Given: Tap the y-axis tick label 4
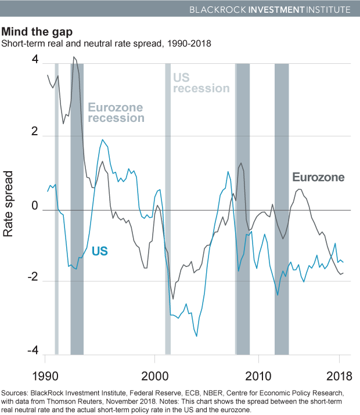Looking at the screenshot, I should (x=36, y=60).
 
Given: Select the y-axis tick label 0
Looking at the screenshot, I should (x=36, y=206).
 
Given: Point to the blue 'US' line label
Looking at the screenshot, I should (x=100, y=251).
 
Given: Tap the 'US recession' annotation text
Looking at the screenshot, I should (x=201, y=83).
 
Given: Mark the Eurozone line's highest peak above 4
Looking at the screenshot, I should (x=73, y=57).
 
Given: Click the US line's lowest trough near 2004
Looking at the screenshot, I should (x=196, y=336).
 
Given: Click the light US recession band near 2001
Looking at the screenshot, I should (x=167, y=232).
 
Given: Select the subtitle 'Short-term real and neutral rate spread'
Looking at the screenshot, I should (x=90, y=44).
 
